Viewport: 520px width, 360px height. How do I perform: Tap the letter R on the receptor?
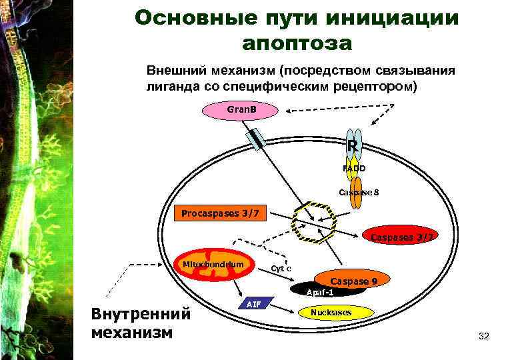click(353, 145)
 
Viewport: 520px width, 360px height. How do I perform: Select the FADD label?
click(353, 169)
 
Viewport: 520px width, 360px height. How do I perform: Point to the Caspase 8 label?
click(359, 193)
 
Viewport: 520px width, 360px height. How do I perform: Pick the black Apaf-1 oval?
click(320, 292)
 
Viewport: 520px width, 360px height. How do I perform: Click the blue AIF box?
click(253, 304)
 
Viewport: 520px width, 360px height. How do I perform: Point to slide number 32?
click(484, 337)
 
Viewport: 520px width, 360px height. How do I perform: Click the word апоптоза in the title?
click(297, 43)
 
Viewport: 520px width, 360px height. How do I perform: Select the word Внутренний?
click(141, 314)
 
